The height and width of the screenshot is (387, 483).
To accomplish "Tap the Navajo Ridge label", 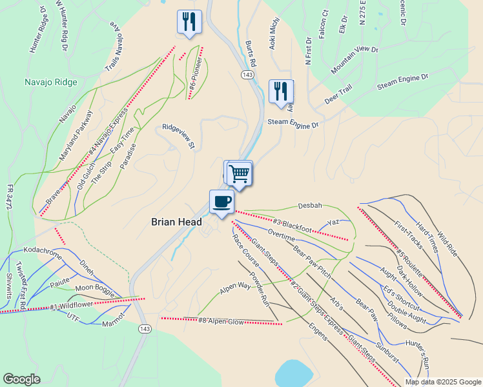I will [51, 82].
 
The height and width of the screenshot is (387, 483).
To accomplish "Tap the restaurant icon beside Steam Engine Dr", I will [281, 91].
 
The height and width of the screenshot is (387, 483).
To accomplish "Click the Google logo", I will [21, 379].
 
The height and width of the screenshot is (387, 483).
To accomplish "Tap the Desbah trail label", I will [309, 206].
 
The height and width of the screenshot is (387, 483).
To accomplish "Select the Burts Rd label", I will [251, 54].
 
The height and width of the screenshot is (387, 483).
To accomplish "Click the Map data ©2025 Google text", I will [442, 382].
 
